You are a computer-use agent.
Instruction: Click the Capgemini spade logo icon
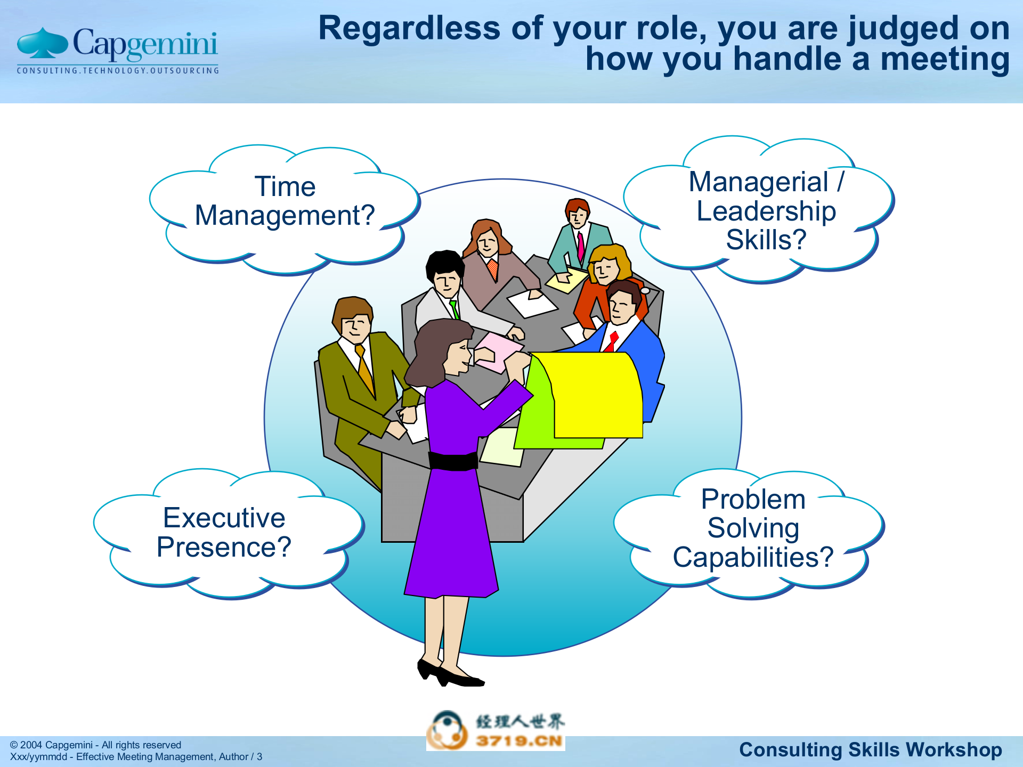point(42,43)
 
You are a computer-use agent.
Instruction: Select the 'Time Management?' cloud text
point(285,201)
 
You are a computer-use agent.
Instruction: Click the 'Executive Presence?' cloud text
point(224,533)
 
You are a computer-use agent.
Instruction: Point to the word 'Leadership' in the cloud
point(766,211)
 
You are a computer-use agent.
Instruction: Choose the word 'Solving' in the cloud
point(753,528)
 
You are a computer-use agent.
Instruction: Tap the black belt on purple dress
point(453,461)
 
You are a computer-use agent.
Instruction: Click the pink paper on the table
point(498,352)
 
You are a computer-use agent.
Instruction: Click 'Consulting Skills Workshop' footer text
point(870,749)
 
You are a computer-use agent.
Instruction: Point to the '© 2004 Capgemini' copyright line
point(96,745)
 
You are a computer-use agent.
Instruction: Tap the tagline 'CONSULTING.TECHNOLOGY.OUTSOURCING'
point(118,70)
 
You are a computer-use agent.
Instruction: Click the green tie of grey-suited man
point(454,309)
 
